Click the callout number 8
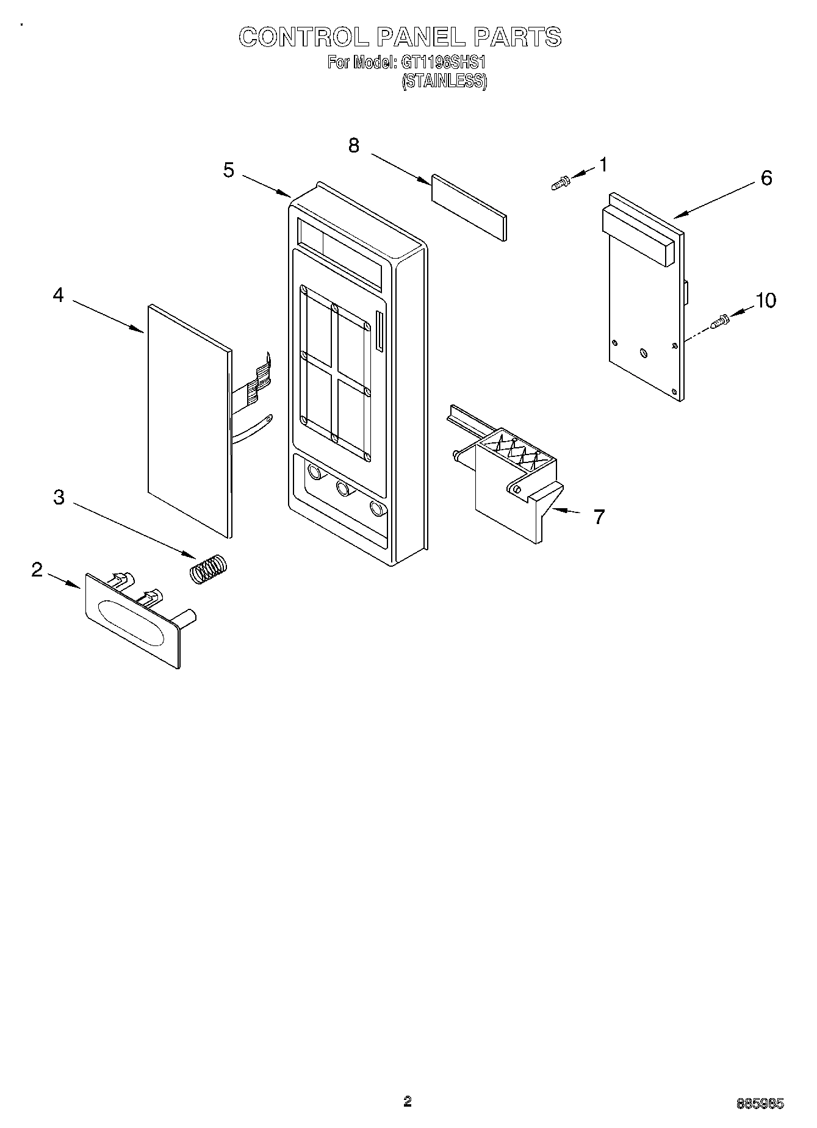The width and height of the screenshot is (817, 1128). [x=354, y=146]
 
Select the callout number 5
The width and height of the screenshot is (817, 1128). [x=228, y=170]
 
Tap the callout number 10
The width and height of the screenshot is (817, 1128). [x=766, y=300]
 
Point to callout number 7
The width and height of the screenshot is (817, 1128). [x=599, y=517]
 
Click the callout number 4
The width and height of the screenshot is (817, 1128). [x=58, y=295]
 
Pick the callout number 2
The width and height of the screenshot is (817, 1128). [x=37, y=570]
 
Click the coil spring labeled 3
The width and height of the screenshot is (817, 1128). [x=208, y=570]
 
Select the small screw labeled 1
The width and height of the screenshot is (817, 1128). [x=560, y=182]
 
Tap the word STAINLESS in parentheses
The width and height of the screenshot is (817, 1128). [x=444, y=81]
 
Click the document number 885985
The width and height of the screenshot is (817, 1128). [x=760, y=1103]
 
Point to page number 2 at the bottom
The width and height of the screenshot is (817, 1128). [x=408, y=1102]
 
